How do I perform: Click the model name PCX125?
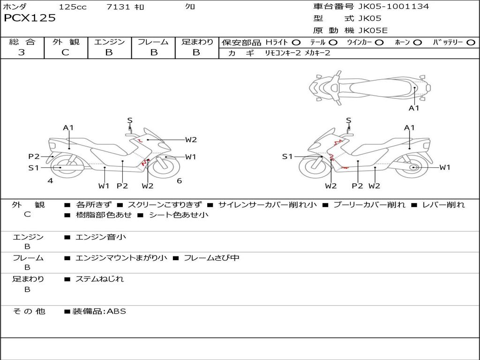[30, 18]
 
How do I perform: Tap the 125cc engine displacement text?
[73, 7]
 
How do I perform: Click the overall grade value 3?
[22, 52]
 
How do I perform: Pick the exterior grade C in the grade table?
[66, 52]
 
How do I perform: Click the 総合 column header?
[22, 42]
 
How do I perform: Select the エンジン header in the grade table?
[109, 42]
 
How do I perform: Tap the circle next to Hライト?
[296, 43]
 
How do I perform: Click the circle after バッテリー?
[471, 43]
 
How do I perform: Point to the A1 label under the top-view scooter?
[414, 108]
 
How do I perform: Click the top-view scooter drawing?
[369, 87]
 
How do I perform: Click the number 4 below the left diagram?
[50, 181]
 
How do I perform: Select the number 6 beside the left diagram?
[179, 181]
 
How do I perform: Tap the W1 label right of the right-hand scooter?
[444, 167]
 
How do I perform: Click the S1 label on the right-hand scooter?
[287, 157]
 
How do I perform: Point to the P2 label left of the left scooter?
[34, 157]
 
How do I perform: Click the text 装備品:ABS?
[99, 311]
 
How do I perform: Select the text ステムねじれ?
[100, 279]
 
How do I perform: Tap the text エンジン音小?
[101, 237]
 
